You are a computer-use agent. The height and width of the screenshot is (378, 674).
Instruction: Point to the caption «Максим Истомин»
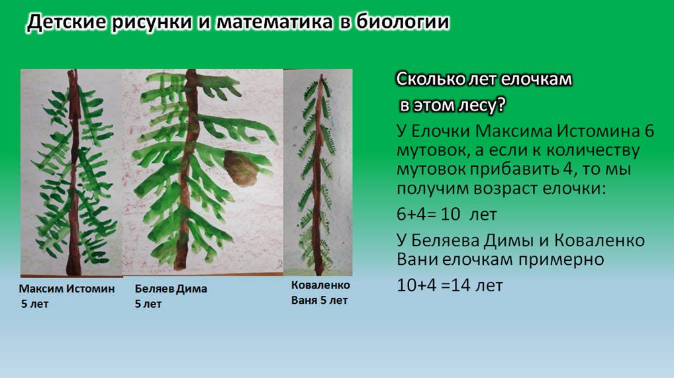tap(67, 289)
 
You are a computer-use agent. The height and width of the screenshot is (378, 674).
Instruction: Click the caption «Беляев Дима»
tap(171, 289)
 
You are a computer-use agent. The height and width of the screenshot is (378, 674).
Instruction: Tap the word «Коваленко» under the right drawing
tap(320, 285)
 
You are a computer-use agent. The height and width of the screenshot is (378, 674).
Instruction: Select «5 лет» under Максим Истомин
tap(35, 304)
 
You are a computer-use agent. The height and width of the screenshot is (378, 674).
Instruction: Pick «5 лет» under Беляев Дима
tap(148, 304)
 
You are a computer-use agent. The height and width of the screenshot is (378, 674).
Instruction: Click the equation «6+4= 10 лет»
tap(447, 214)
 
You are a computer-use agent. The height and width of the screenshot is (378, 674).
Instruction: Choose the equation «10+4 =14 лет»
tap(450, 285)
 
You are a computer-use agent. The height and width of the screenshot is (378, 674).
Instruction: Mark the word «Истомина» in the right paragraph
tap(599, 131)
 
